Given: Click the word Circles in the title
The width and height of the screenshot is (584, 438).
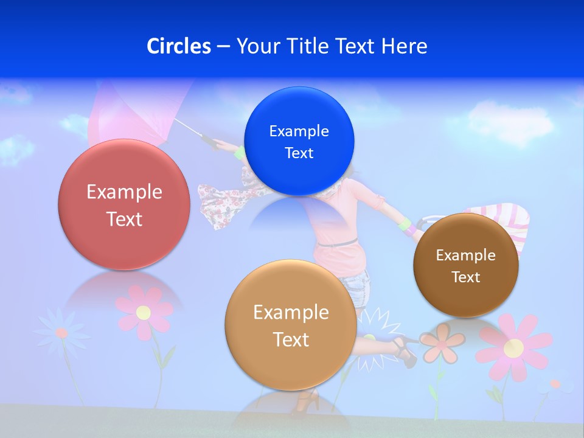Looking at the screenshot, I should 178,46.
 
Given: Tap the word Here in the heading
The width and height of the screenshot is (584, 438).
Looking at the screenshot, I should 404,46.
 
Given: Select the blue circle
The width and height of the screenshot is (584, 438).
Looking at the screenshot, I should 299,141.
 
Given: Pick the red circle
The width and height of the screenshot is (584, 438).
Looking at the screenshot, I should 124,204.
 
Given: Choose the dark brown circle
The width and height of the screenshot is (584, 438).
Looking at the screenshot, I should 466,265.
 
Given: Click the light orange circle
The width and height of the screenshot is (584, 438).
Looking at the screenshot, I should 291,325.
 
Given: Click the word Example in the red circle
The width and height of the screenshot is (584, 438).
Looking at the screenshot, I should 124,192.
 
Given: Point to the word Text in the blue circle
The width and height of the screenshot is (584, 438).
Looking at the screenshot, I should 299,153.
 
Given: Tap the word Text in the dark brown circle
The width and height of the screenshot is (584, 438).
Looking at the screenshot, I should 466,277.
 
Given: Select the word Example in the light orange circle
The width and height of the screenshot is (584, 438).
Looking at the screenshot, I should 291,313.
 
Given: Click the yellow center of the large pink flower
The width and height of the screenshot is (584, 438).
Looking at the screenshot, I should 514,348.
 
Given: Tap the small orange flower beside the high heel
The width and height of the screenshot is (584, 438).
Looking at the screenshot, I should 442,342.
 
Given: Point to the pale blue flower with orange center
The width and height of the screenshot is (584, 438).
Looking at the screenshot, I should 61,332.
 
